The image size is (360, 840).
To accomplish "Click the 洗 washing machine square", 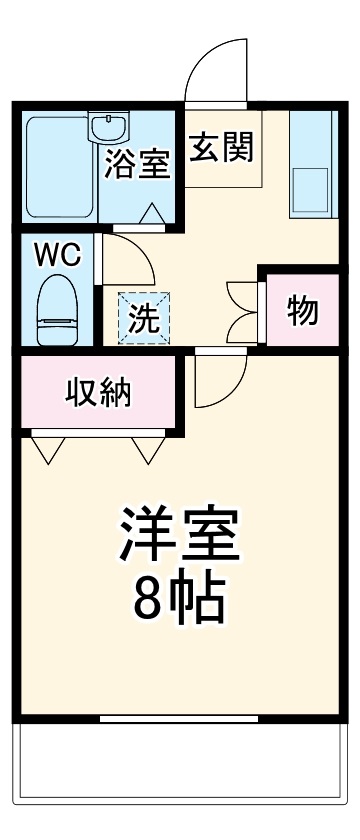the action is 145,317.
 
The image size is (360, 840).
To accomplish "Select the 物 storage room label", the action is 303,311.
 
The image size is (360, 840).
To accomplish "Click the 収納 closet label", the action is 98,393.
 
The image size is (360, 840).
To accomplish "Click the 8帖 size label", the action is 180,598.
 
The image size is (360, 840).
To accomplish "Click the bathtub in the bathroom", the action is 58,168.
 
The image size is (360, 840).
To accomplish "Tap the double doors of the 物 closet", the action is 244,312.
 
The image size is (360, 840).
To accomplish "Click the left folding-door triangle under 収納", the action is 47,449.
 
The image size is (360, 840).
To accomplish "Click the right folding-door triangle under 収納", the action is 147,449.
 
